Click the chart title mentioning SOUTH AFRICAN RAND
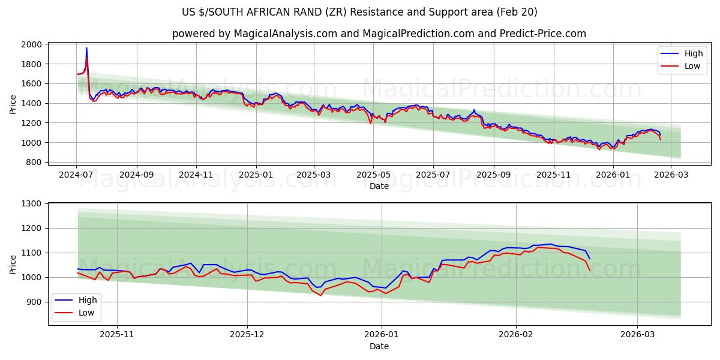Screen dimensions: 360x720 coord(359,12)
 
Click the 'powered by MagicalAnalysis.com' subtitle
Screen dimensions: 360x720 coord(379,34)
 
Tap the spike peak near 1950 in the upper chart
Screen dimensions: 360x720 coord(86,48)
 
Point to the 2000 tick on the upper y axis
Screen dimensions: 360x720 coord(32,44)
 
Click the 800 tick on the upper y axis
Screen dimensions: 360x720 coord(35,162)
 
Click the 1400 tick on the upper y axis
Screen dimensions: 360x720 coord(32,103)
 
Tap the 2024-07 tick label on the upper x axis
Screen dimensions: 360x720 coord(76,175)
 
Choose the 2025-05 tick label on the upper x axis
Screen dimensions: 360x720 coord(373,175)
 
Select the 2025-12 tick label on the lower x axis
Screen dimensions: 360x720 coord(247,334)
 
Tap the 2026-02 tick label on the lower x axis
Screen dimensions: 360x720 coord(516,334)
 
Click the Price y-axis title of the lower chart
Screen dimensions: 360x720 coord(13,264)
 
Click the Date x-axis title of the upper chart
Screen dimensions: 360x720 coord(379,186)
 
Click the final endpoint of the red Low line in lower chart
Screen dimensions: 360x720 coord(590,271)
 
